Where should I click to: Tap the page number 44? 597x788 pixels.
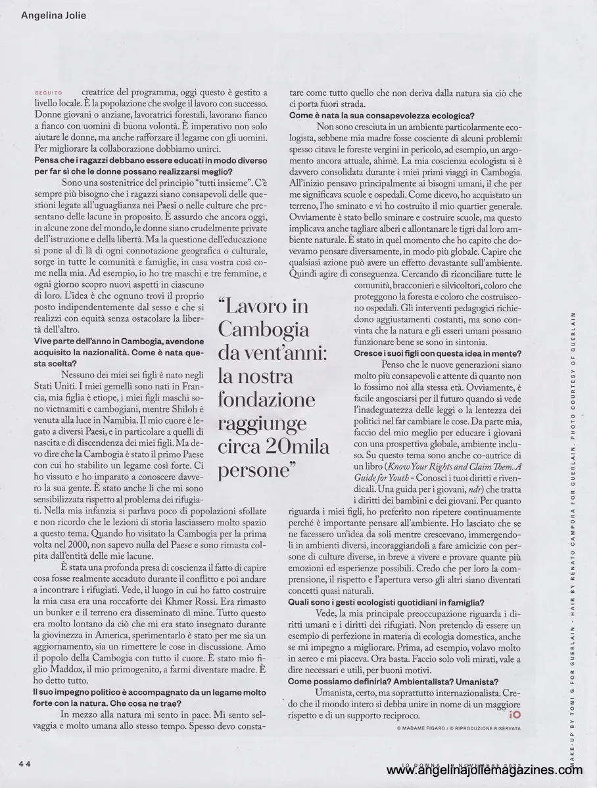(25, 763)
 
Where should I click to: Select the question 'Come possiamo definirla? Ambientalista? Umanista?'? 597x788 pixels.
(393, 683)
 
